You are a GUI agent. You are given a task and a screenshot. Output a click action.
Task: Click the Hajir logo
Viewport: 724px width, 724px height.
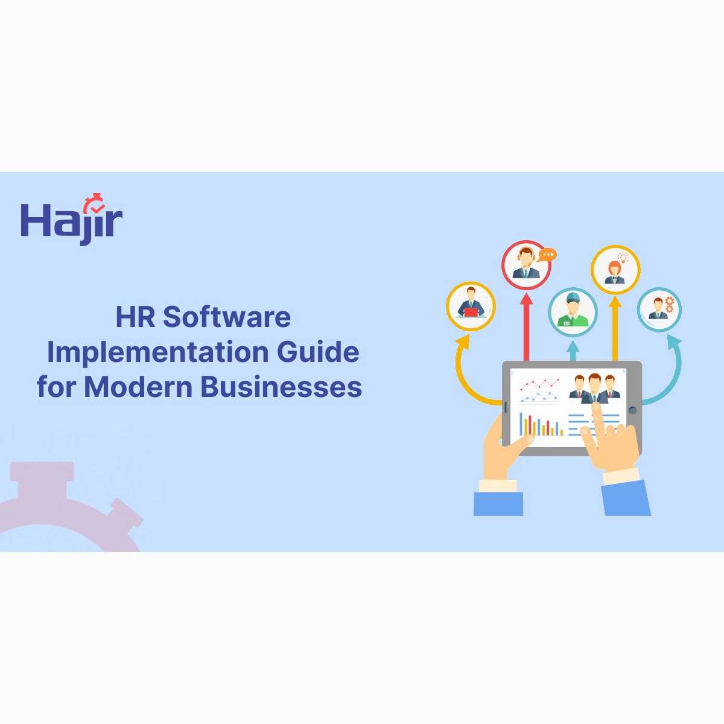tap(71, 219)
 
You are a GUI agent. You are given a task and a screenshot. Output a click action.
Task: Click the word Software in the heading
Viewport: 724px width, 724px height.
tap(227, 317)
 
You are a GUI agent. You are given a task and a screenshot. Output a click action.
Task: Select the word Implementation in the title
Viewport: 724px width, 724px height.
tap(157, 352)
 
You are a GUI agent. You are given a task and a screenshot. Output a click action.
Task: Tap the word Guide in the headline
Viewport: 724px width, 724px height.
tap(318, 352)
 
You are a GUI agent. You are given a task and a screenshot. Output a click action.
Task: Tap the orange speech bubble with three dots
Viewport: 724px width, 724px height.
tap(547, 255)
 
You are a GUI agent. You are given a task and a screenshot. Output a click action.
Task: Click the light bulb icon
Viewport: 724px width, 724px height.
tap(623, 258)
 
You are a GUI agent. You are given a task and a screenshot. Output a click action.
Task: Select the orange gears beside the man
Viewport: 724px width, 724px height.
tap(669, 304)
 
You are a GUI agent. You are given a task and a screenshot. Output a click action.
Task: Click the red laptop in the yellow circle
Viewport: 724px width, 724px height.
tap(471, 312)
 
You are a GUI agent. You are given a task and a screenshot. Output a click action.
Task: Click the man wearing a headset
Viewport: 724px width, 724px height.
tap(526, 262)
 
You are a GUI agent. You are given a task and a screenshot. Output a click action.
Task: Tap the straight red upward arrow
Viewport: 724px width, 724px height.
tap(526, 326)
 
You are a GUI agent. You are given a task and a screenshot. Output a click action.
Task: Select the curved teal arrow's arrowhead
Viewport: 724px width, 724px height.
tap(674, 342)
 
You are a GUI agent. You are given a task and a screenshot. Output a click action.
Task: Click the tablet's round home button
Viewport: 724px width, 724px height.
tap(633, 410)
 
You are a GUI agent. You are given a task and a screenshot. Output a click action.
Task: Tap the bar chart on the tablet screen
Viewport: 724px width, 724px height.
tap(541, 424)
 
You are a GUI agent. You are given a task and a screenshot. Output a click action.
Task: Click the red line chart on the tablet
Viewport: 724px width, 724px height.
tap(540, 385)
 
